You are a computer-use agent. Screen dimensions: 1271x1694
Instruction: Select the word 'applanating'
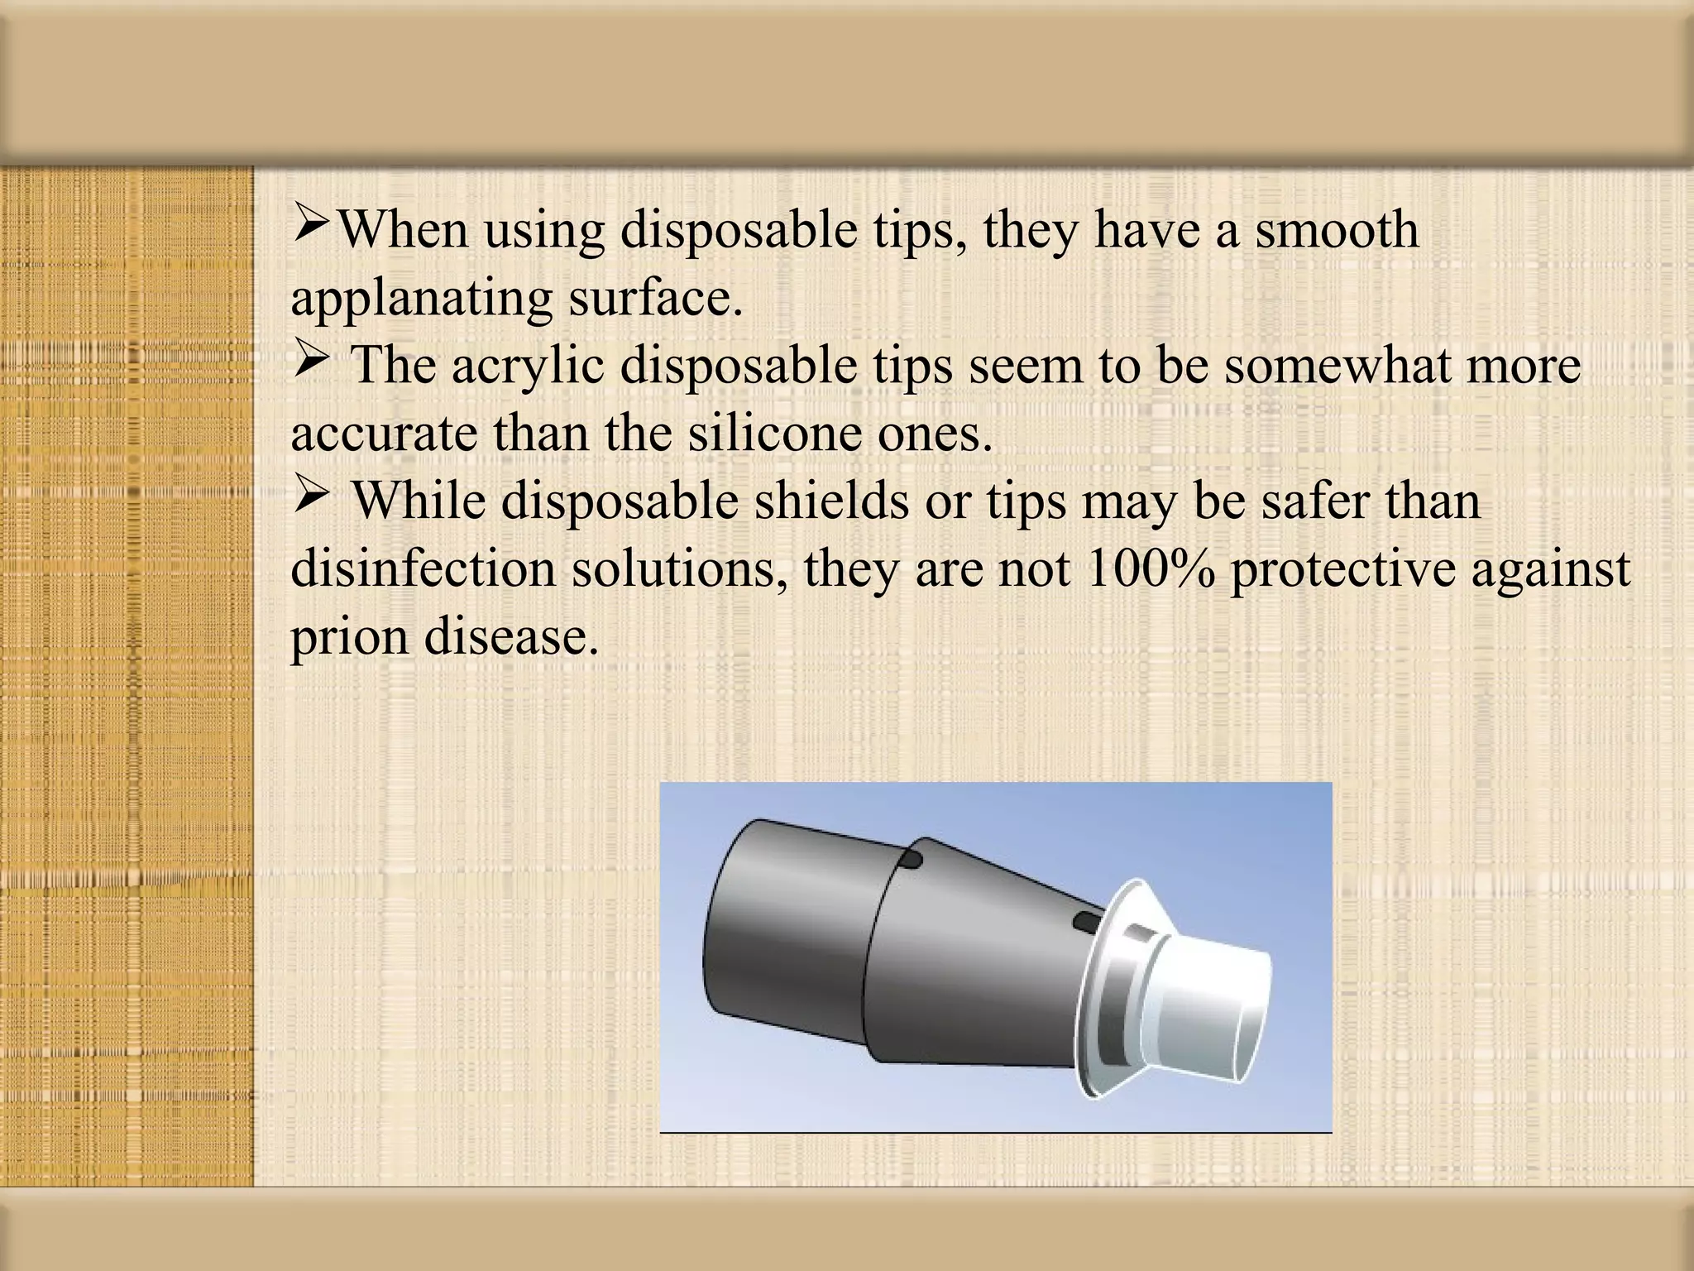pos(421,299)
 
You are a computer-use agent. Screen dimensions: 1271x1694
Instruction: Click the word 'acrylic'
pos(527,365)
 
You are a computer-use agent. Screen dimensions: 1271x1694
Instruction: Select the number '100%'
pos(1151,568)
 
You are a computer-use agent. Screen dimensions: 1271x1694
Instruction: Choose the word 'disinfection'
pos(423,568)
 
